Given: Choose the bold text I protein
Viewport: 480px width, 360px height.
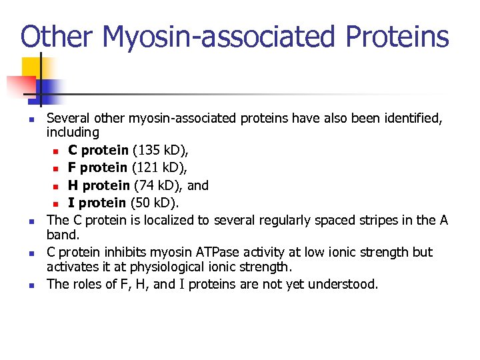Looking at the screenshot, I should pyautogui.click(x=97, y=203).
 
